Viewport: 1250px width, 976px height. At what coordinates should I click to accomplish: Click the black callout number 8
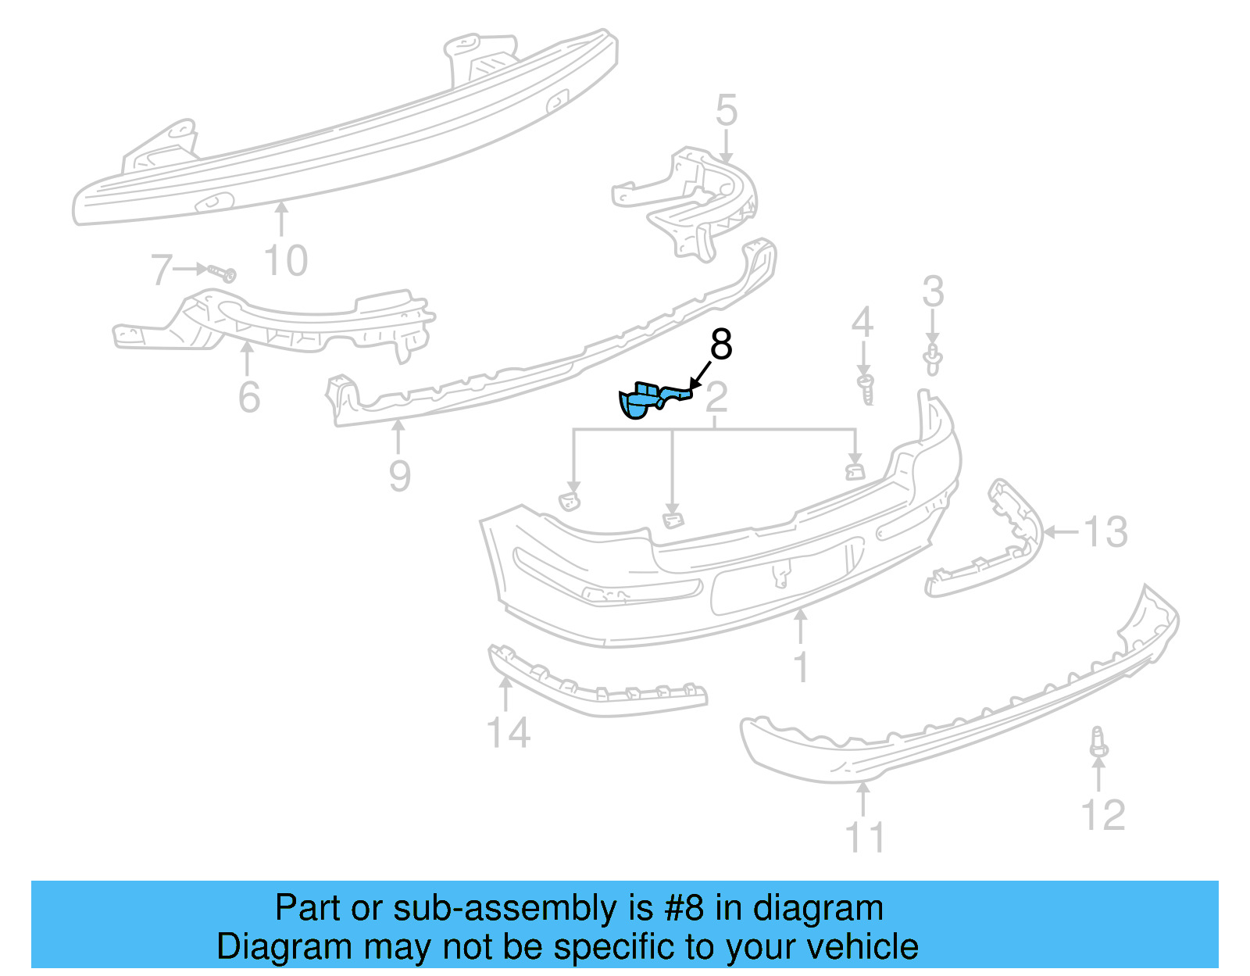(x=720, y=345)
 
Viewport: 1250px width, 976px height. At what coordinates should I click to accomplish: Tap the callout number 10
(x=286, y=260)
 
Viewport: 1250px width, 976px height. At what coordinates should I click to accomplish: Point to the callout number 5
(x=726, y=111)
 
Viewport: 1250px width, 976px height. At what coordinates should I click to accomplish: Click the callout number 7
(x=161, y=270)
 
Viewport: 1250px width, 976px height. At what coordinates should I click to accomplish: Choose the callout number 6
(x=248, y=397)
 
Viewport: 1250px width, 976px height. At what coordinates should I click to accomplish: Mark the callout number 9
(x=399, y=475)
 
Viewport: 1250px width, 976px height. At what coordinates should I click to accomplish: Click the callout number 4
(x=862, y=322)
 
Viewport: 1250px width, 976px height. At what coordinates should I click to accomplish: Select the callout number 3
(x=933, y=291)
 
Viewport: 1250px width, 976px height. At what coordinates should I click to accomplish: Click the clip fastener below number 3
(x=932, y=360)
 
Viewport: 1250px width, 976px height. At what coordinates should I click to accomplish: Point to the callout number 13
(x=1105, y=532)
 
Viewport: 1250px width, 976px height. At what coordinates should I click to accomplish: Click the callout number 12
(x=1102, y=815)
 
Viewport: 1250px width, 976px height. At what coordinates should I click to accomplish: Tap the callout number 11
(x=865, y=837)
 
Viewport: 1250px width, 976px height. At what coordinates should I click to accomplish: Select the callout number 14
(x=508, y=733)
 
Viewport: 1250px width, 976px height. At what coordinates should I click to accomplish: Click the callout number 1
(x=801, y=667)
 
